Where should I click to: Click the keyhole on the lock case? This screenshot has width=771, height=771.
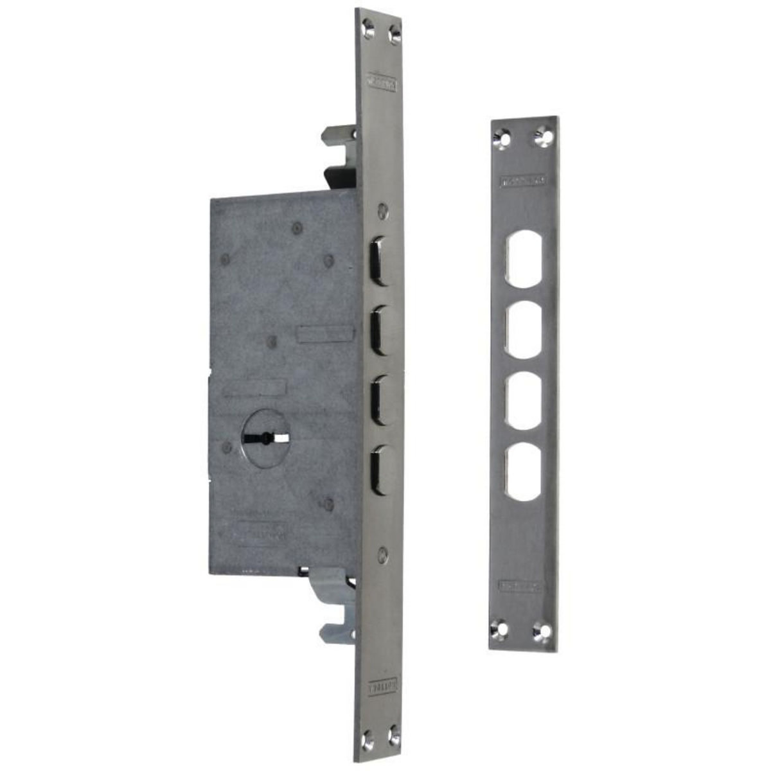[264, 439]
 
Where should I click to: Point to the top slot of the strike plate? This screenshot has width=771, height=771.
[524, 258]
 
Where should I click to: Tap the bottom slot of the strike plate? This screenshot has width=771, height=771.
[524, 472]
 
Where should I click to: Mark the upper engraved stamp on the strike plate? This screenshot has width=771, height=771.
[524, 181]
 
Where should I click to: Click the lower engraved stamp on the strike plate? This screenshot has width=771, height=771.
[520, 586]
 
